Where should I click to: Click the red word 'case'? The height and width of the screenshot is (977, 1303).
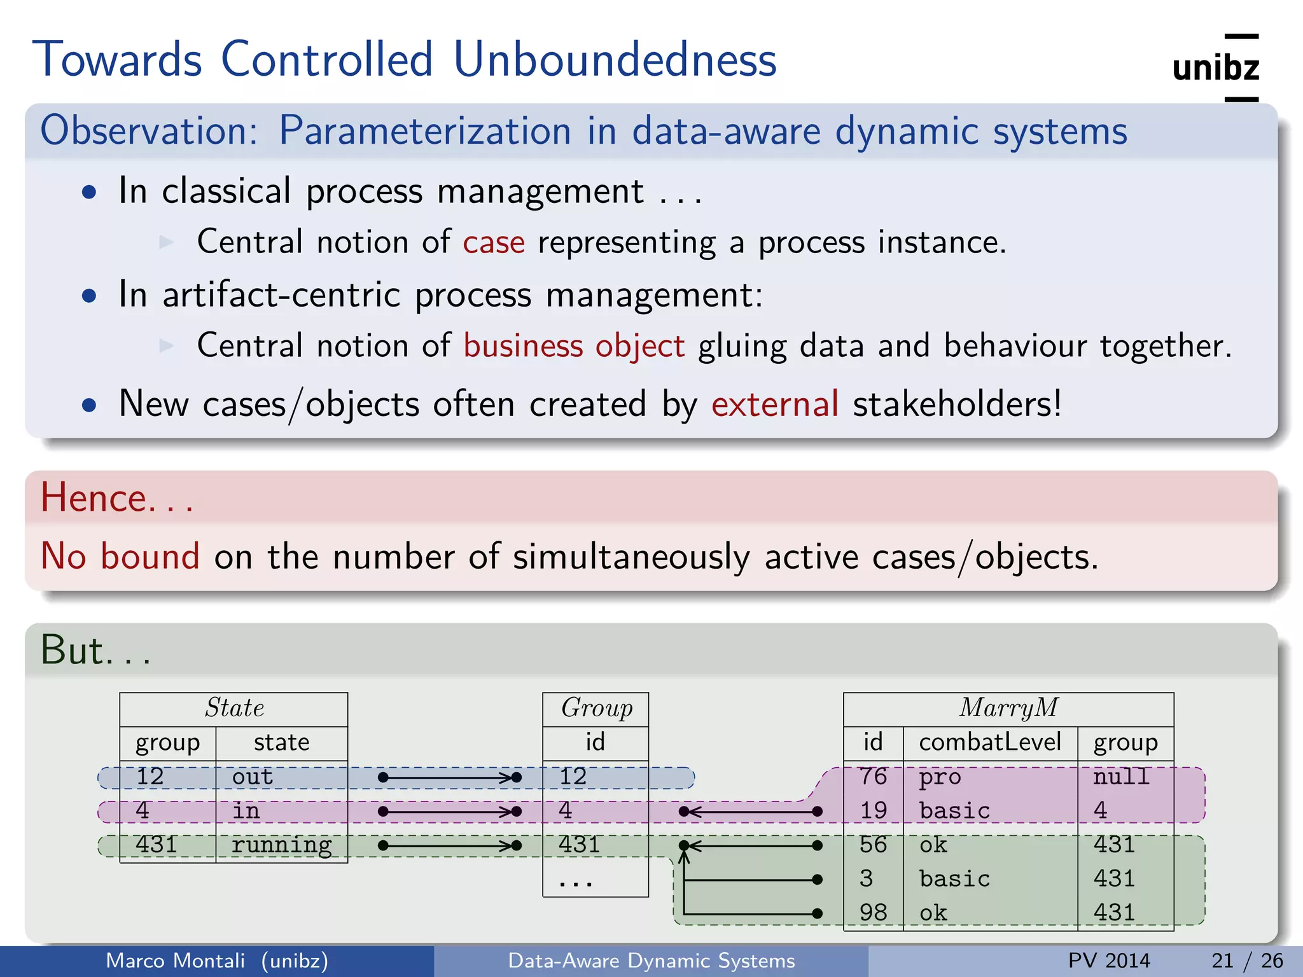[494, 242]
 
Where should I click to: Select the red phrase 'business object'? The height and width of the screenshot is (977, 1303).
[574, 346]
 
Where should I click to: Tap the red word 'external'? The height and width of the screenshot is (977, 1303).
[774, 404]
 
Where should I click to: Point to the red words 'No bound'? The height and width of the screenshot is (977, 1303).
[120, 556]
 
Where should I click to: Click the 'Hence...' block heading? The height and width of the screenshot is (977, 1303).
[116, 497]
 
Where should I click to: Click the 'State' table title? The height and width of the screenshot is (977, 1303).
[234, 708]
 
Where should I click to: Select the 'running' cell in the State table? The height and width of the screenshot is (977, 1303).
[281, 845]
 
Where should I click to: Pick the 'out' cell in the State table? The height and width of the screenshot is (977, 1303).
[253, 777]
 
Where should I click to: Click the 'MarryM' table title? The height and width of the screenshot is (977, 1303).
[1008, 708]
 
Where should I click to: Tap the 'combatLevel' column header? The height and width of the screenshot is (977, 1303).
[990, 742]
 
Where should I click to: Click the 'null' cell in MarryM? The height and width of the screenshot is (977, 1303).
[1121, 777]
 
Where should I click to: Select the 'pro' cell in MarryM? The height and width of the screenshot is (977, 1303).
[940, 777]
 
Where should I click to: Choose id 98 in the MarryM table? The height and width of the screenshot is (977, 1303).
[873, 913]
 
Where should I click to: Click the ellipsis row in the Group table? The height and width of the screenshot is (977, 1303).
[576, 881]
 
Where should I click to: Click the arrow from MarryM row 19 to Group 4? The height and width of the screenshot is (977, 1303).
[751, 812]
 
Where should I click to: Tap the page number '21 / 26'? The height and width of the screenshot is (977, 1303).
[1247, 960]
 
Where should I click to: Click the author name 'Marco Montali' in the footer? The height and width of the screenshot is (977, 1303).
[175, 960]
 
